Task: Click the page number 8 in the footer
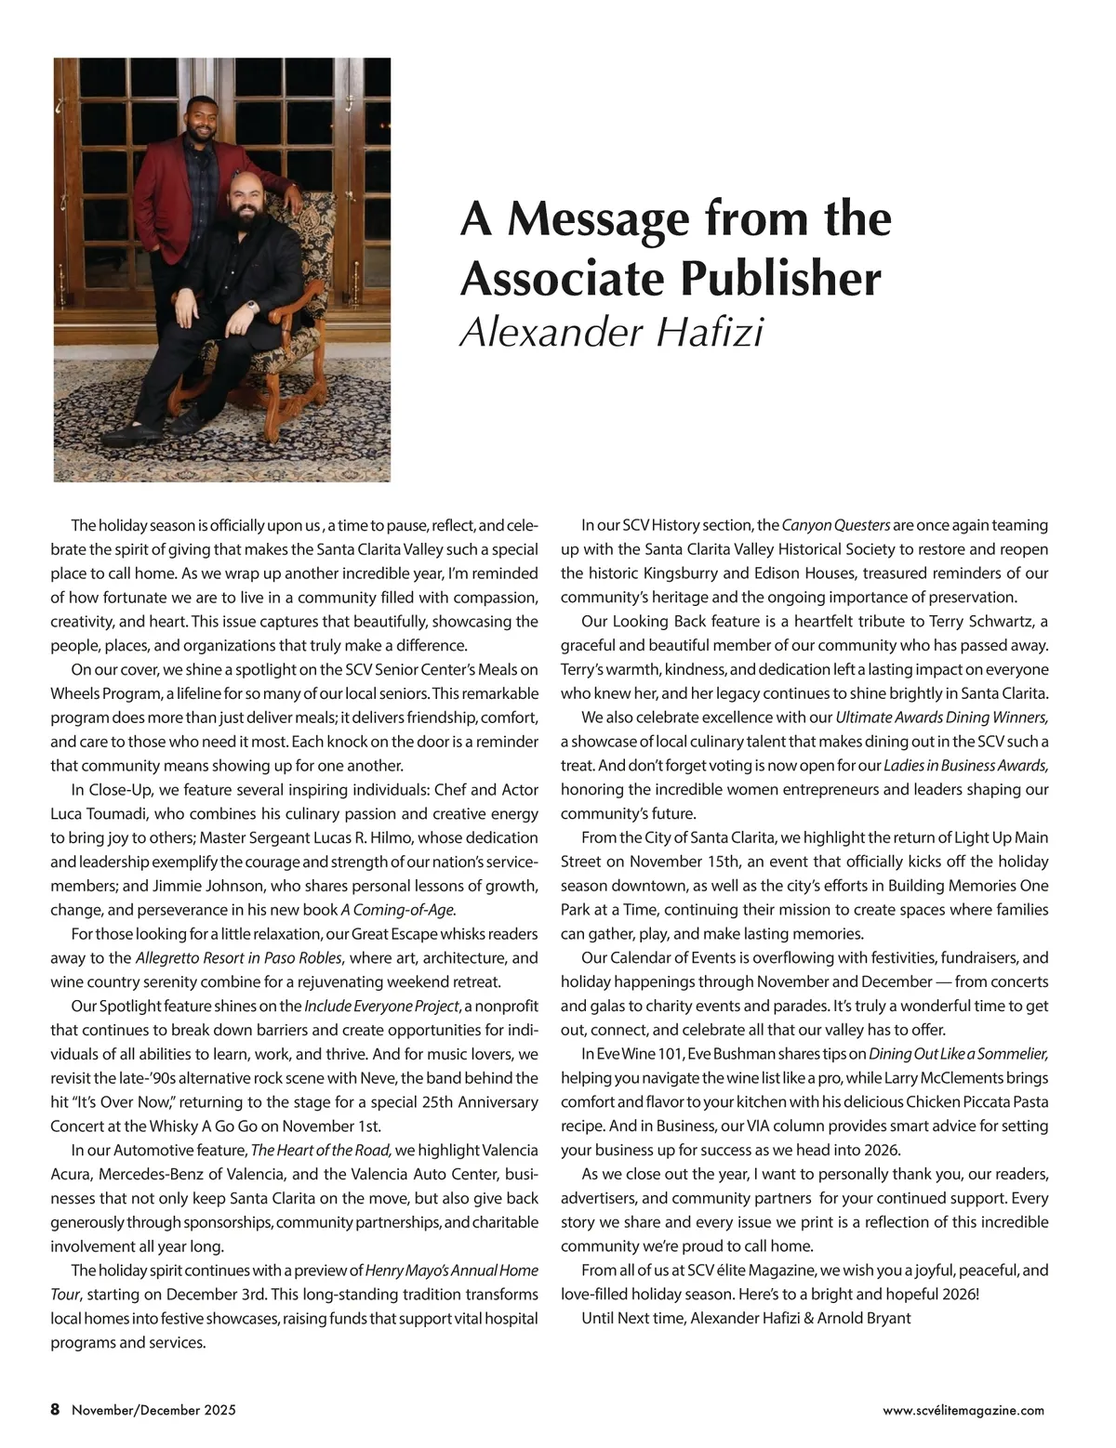(x=55, y=1410)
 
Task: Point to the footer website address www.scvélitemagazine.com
(x=963, y=1410)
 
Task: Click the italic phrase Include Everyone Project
(x=382, y=1007)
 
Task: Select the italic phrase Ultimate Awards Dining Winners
(x=942, y=717)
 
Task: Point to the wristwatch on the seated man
(x=250, y=304)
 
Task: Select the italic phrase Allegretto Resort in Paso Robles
(x=239, y=958)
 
